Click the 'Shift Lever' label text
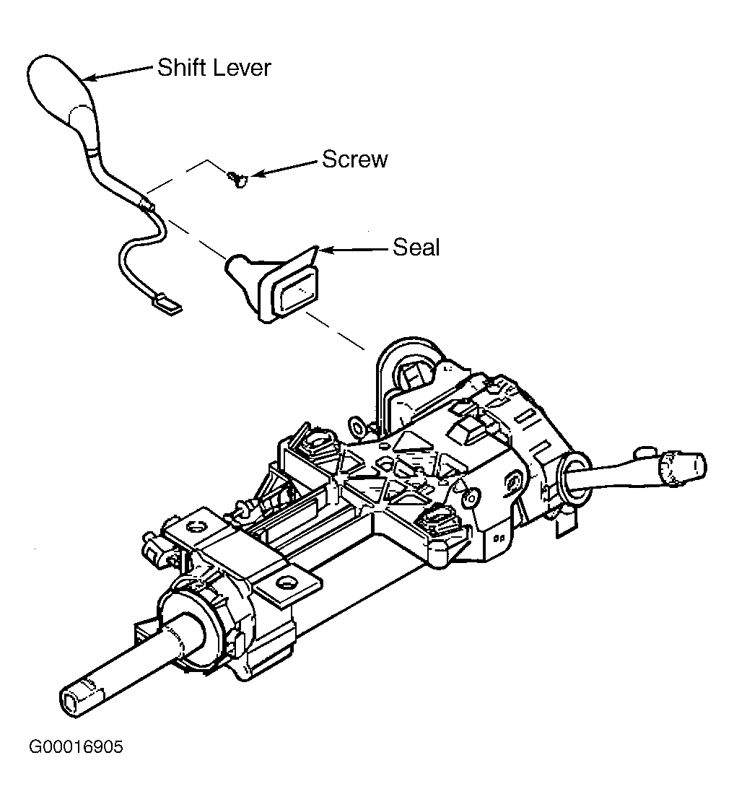point(214,68)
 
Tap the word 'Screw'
point(354,159)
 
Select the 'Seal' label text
point(416,247)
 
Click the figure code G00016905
point(76,747)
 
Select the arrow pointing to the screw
point(284,169)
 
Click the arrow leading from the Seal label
point(354,250)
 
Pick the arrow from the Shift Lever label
point(118,72)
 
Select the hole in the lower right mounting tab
point(284,583)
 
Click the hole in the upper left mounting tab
point(195,526)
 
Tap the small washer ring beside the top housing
point(357,427)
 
